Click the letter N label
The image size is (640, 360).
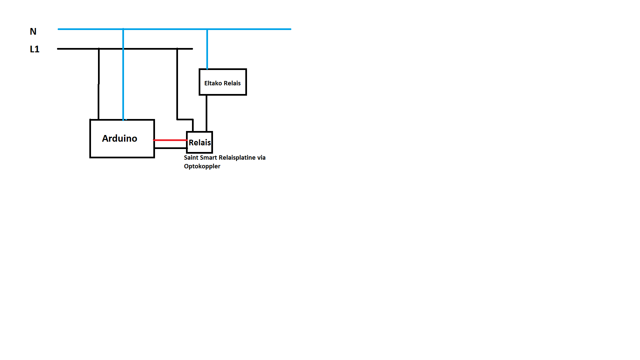click(33, 31)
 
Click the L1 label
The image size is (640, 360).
click(35, 49)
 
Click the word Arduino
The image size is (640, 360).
click(119, 138)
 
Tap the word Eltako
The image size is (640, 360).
click(213, 83)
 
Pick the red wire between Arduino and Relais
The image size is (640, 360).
click(170, 140)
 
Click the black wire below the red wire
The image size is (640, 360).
click(171, 148)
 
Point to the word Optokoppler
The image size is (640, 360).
click(202, 166)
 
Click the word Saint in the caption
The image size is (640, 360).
click(191, 157)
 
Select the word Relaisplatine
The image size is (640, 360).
click(237, 158)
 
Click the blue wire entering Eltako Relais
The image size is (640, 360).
click(207, 49)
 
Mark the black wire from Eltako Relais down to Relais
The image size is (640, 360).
click(206, 113)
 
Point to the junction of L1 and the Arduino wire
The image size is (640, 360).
click(99, 49)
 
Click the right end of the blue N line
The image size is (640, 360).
click(291, 29)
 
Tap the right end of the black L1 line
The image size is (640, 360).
click(192, 49)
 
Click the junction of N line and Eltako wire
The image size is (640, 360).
click(207, 29)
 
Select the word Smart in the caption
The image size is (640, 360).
click(208, 157)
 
